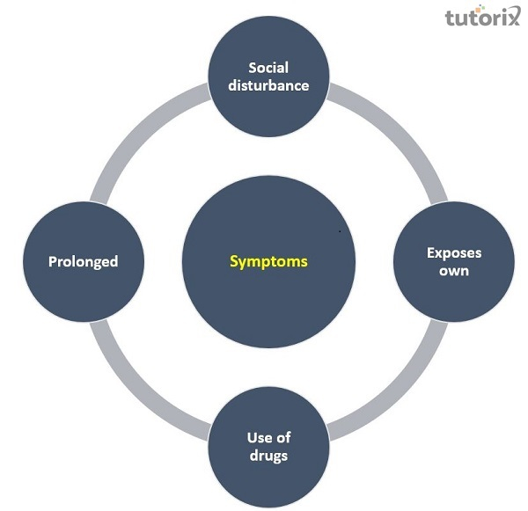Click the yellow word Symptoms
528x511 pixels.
coord(268,261)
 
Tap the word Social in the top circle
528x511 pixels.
coord(268,68)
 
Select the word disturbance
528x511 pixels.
coord(268,85)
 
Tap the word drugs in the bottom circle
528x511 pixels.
coord(268,456)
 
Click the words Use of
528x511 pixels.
coord(268,438)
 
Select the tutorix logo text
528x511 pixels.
coord(482,18)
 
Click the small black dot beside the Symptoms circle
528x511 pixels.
coord(340,231)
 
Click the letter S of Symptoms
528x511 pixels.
coord(233,260)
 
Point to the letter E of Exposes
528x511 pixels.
coord(430,253)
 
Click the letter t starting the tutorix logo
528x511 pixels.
coord(449,18)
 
